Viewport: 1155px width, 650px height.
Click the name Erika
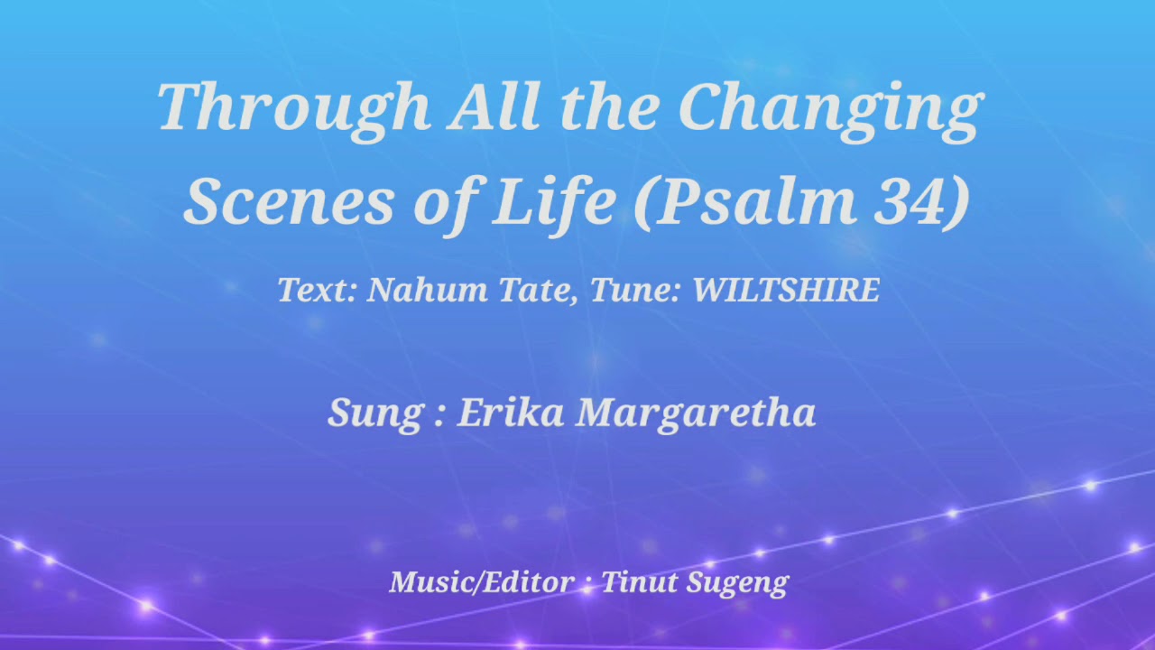tap(511, 413)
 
